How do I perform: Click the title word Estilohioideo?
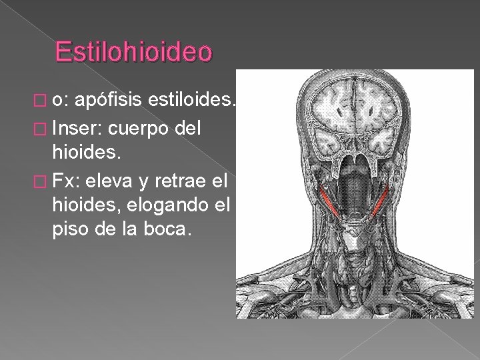[x=133, y=52]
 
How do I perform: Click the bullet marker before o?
[x=45, y=101]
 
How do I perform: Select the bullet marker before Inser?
[x=45, y=125]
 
